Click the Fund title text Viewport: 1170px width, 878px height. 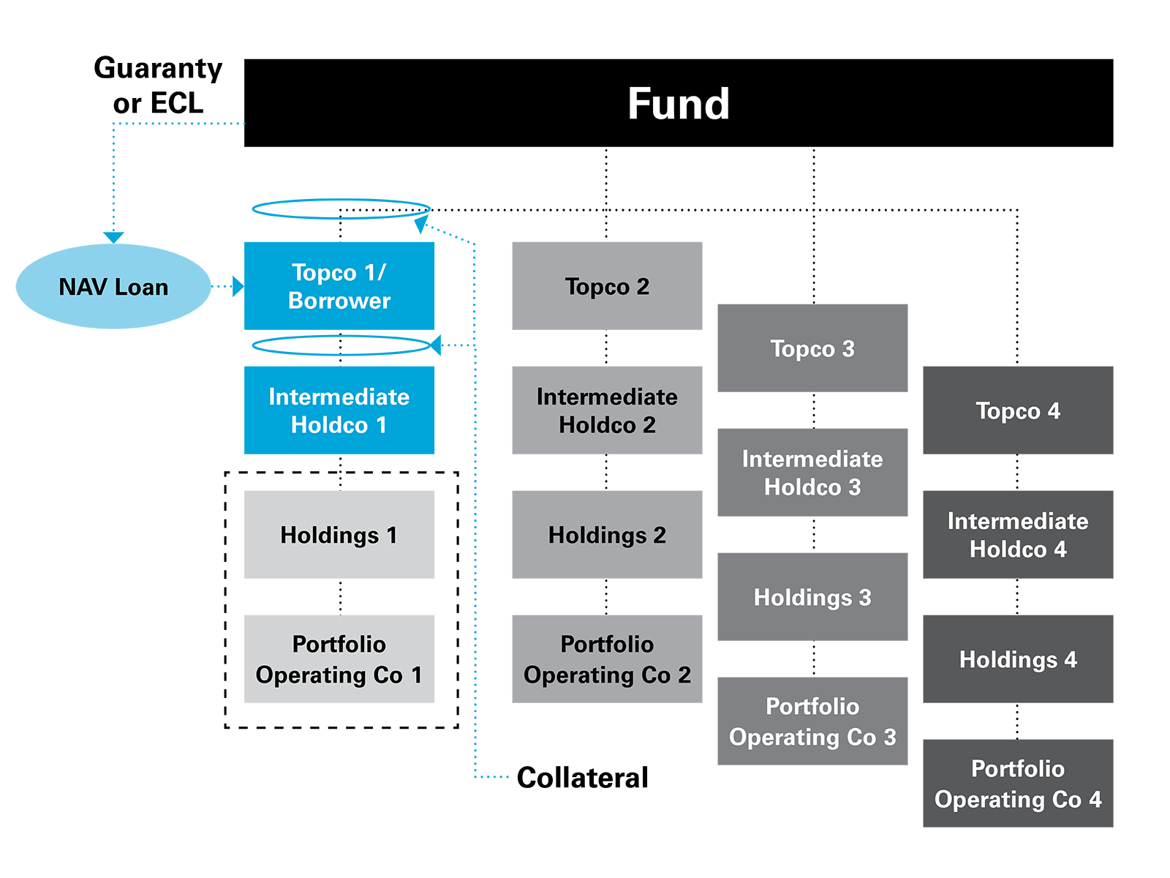(x=679, y=104)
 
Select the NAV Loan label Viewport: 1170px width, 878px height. (x=113, y=287)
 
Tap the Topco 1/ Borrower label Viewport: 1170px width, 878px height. (x=339, y=286)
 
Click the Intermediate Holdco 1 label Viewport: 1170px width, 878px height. (x=339, y=410)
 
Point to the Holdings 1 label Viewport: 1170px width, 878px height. (x=339, y=535)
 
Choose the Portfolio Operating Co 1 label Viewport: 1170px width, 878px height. (x=339, y=659)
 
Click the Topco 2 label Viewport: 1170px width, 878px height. (x=607, y=286)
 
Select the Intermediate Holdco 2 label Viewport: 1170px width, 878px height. (x=607, y=410)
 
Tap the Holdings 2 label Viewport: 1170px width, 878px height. (x=607, y=535)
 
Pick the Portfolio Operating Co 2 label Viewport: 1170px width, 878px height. (x=607, y=659)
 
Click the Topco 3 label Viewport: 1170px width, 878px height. (x=812, y=348)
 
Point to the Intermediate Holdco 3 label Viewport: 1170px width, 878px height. (x=812, y=473)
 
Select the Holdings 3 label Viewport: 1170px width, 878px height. (x=812, y=597)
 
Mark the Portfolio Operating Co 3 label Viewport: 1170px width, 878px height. (x=812, y=721)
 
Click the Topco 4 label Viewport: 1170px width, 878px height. (x=1018, y=410)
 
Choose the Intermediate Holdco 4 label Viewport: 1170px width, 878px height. (x=1018, y=535)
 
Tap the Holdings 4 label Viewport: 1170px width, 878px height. (x=1018, y=659)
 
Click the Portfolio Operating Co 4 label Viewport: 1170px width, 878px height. (x=1018, y=784)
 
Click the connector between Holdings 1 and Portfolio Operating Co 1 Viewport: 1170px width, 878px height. (x=340, y=597)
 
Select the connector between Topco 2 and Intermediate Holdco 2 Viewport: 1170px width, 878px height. (x=606, y=348)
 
